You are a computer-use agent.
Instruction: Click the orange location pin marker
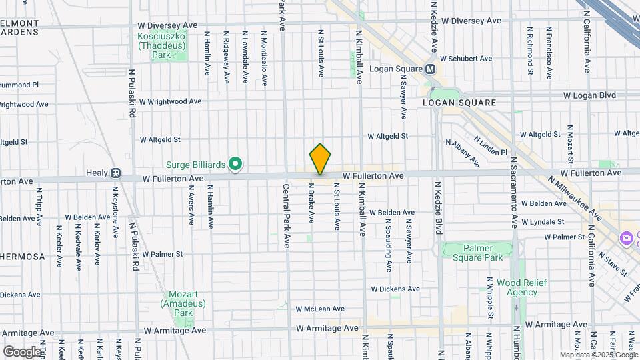(320, 159)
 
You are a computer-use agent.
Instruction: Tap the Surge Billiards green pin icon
(235, 163)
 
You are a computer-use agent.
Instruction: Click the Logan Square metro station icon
(430, 69)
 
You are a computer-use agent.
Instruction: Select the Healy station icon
(115, 173)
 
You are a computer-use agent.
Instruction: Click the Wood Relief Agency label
(522, 287)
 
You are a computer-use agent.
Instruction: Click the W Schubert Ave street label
(466, 59)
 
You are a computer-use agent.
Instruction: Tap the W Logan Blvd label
(589, 95)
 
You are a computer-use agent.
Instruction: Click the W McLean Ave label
(319, 309)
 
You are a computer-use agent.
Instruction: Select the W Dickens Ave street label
(395, 289)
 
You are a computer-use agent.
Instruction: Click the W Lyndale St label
(543, 221)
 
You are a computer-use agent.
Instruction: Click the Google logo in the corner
(22, 351)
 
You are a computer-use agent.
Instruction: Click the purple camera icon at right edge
(626, 238)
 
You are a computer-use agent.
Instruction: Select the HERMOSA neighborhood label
(21, 256)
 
